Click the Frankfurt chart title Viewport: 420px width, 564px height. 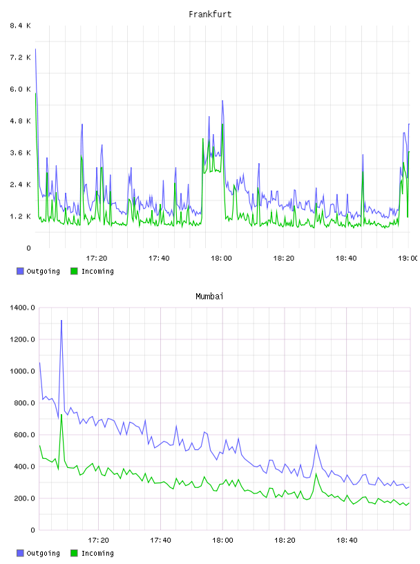coord(210,15)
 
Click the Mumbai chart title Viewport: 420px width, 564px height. coord(209,297)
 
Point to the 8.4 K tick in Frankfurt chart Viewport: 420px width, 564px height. coord(21,26)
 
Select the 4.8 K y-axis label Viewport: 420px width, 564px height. coord(21,121)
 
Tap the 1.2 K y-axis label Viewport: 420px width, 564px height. coord(21,216)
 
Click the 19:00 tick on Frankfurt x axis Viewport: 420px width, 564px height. coord(408,258)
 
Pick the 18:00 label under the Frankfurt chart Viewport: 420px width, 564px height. coord(221,258)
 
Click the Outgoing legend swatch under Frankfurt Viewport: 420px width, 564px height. coord(20,271)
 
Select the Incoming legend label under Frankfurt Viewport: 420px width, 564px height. coord(97,271)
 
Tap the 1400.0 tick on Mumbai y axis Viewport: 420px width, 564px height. coord(22,308)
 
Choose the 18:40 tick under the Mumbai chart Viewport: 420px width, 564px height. coord(347,540)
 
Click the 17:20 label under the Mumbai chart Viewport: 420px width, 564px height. coord(98,540)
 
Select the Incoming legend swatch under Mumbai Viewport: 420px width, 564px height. coord(74,553)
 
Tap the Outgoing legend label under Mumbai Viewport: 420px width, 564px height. coord(43,553)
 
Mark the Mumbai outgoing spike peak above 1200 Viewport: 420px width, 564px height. coord(61,320)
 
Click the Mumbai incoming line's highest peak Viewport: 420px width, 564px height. coord(61,415)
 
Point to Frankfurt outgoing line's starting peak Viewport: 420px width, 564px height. coord(35,49)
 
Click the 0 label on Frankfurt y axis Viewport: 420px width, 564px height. coord(28,248)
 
